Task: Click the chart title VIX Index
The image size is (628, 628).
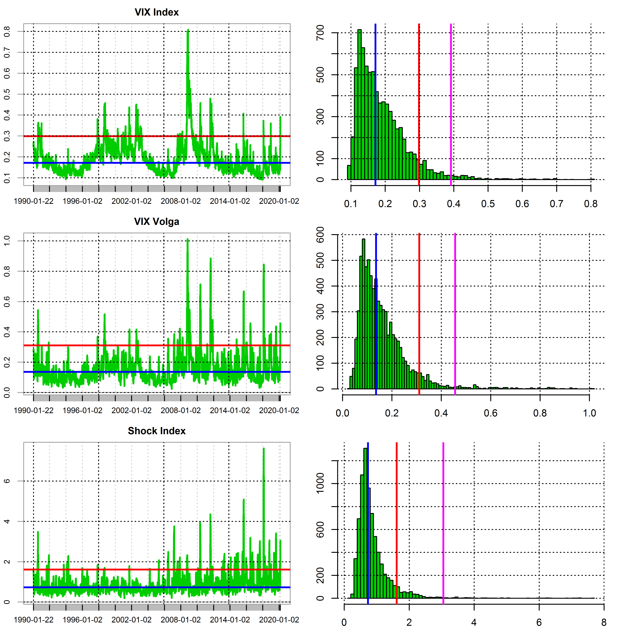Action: [x=157, y=12]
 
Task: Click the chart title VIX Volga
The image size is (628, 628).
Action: [x=157, y=222]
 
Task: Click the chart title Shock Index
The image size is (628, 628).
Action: [x=157, y=431]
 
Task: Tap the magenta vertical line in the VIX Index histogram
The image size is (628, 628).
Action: [x=451, y=104]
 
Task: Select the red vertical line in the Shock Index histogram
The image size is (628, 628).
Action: [x=397, y=520]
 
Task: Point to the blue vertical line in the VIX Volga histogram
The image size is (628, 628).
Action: [x=376, y=312]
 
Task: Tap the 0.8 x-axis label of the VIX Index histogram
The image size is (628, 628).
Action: [x=591, y=204]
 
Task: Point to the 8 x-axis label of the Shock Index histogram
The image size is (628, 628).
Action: [x=604, y=622]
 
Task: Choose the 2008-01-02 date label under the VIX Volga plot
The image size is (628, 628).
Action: [x=181, y=411]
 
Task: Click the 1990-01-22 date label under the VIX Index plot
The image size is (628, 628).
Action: [x=33, y=201]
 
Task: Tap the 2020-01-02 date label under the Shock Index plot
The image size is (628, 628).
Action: [x=279, y=620]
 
